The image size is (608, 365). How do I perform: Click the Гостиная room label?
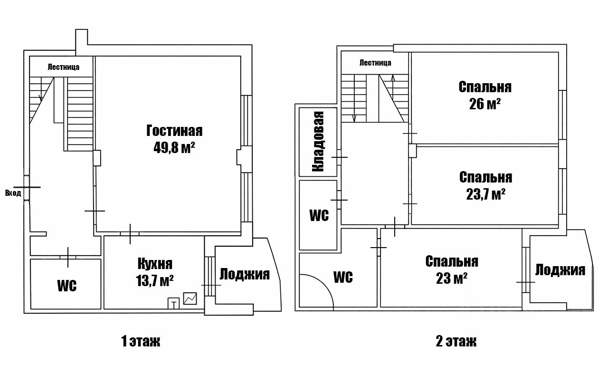pyautogui.click(x=174, y=131)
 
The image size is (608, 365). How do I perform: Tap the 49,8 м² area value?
pyautogui.click(x=174, y=147)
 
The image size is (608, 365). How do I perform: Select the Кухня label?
pyautogui.click(x=155, y=264)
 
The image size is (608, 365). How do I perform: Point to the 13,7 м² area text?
pyautogui.click(x=155, y=280)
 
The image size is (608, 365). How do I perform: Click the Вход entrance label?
pyautogui.click(x=13, y=193)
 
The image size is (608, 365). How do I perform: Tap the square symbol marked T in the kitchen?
pyautogui.click(x=173, y=303)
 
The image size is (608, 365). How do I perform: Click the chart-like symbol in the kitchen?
pyautogui.click(x=190, y=298)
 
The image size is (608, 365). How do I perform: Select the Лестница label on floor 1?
pyautogui.click(x=64, y=67)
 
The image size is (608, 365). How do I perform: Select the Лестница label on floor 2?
pyautogui.click(x=375, y=63)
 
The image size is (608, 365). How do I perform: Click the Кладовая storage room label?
pyautogui.click(x=318, y=142)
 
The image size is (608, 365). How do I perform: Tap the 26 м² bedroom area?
pyautogui.click(x=485, y=104)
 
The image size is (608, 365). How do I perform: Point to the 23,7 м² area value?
pyautogui.click(x=485, y=194)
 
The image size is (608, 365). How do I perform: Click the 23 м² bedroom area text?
pyautogui.click(x=452, y=279)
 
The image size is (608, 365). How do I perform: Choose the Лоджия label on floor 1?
pyautogui.click(x=245, y=274)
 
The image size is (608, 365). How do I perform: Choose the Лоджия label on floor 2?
pyautogui.click(x=560, y=270)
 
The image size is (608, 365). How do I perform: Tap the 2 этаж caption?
pyautogui.click(x=456, y=341)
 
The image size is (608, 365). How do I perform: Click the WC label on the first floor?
pyautogui.click(x=67, y=286)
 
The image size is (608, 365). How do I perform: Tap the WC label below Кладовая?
pyautogui.click(x=319, y=215)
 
